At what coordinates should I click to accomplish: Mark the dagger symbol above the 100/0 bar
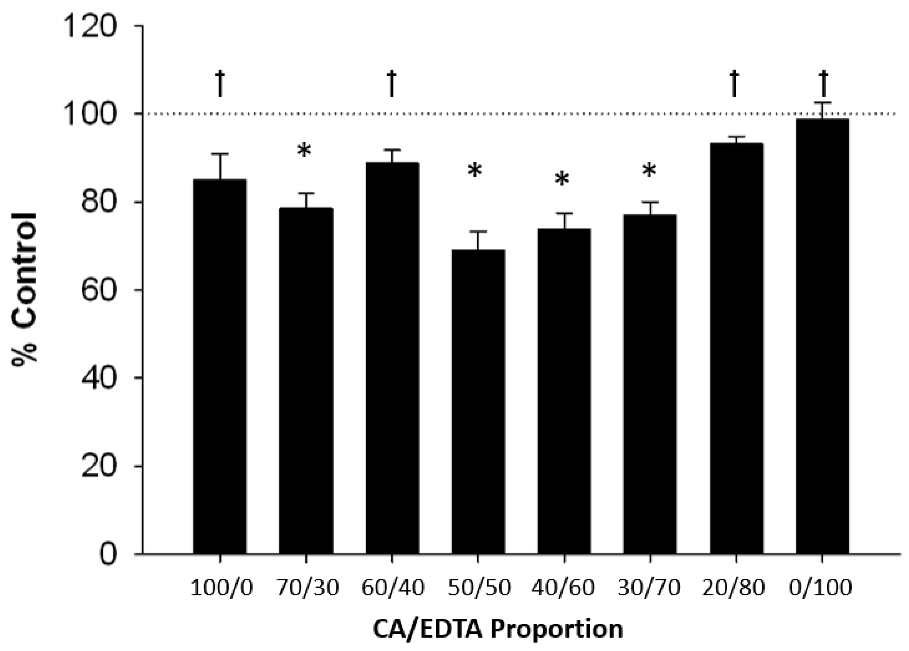(220, 83)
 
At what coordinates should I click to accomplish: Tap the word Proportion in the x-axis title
(557, 629)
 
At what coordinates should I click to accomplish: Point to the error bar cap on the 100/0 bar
(220, 154)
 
